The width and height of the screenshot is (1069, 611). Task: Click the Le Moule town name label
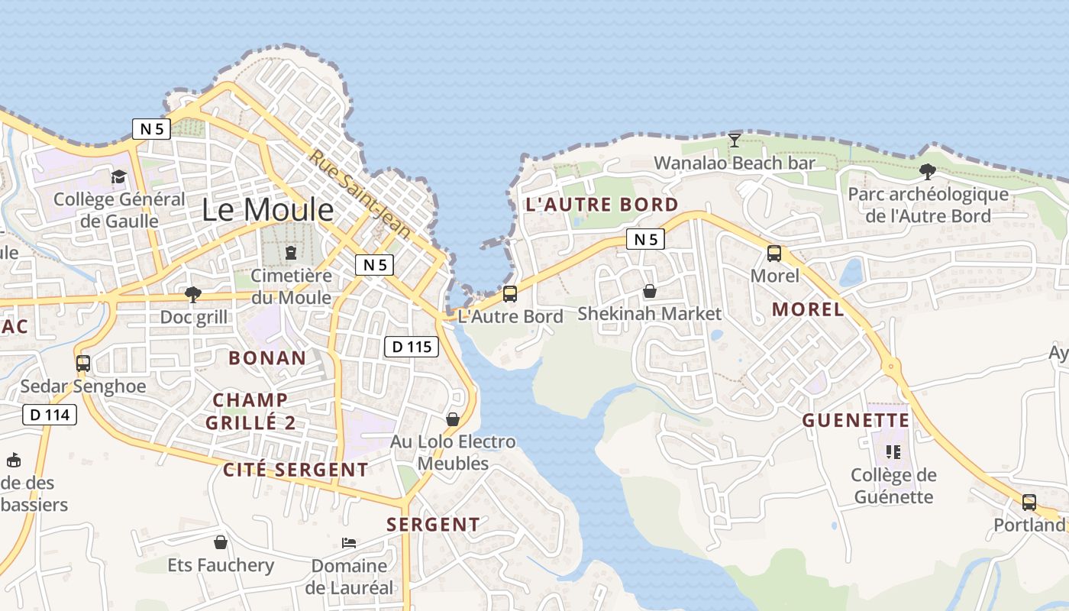coord(267,210)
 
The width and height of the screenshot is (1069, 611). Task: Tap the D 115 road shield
coord(412,347)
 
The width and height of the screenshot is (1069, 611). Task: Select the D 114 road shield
coord(50,415)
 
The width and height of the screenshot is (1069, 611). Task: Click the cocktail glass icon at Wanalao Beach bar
coord(735,140)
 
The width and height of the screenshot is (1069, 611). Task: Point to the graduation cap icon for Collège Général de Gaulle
coord(118,177)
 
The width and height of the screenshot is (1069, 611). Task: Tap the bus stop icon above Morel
coord(774,254)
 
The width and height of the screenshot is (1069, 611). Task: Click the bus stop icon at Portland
coord(1029,503)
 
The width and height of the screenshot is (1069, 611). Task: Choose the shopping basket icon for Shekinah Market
coord(649,291)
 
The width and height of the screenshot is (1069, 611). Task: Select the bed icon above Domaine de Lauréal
coord(348,543)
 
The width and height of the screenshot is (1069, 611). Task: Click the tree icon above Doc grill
coord(193,294)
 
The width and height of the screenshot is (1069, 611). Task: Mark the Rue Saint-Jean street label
coord(360,193)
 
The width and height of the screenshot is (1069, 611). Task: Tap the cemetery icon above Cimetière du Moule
coord(290,252)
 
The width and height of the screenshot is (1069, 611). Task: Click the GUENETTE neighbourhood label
coord(855,420)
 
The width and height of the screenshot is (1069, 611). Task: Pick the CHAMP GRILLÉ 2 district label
coord(250,411)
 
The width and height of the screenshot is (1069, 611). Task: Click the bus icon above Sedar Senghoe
coord(83,364)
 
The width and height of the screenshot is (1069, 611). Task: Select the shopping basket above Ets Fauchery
coord(221,542)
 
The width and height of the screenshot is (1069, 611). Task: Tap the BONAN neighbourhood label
coord(267,357)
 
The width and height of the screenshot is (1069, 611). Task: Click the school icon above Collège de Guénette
coord(893,452)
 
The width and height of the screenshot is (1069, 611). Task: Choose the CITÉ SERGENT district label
coord(296,470)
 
